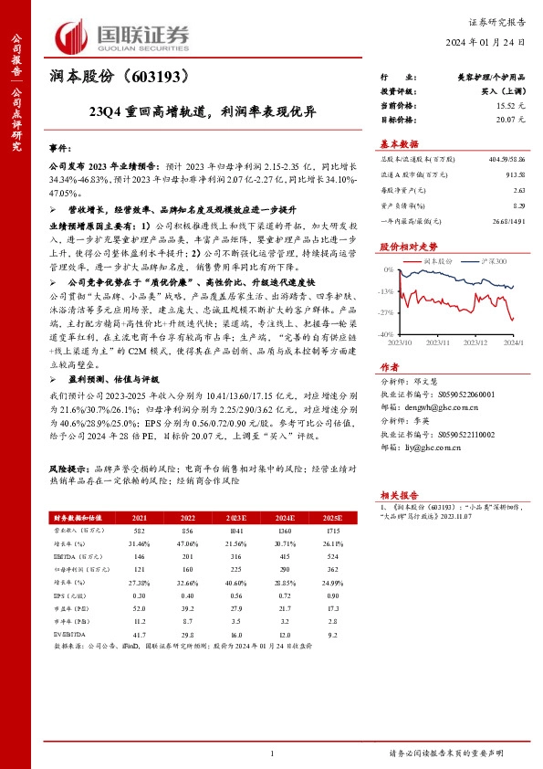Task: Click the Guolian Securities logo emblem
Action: [74, 37]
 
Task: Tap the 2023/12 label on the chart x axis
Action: [476, 343]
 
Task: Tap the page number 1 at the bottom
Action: [271, 753]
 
